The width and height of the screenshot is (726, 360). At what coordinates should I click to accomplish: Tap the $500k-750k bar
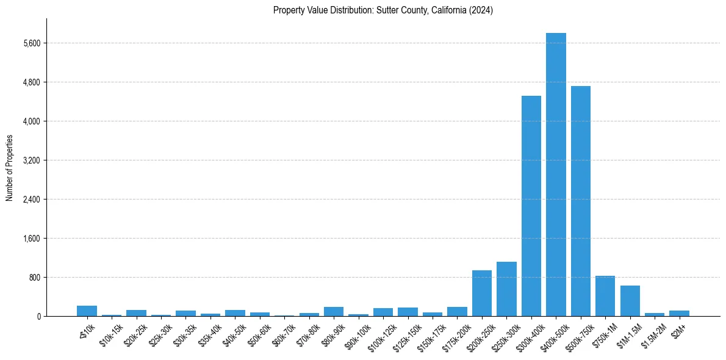pos(580,201)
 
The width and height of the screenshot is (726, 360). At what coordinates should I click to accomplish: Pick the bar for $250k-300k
pos(506,289)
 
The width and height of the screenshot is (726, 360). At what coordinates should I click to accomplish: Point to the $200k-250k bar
pos(482,293)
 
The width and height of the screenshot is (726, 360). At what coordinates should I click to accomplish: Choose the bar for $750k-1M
pos(605,297)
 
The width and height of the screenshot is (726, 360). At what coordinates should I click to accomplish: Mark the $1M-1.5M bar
pos(630,301)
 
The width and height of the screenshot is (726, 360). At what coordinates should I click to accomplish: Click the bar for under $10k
pos(87,311)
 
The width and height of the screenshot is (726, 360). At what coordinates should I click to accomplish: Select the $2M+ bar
pos(679,314)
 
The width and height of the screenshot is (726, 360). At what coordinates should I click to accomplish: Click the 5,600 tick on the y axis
pos(32,43)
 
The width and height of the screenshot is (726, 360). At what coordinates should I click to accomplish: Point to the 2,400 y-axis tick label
pos(32,200)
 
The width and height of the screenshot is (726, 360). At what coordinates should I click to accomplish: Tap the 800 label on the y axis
pos(35,278)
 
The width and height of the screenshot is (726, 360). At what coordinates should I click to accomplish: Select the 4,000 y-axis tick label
pos(32,121)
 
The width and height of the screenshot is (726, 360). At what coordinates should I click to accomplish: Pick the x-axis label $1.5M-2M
pos(653,333)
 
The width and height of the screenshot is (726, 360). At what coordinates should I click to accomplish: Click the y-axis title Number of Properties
pos(9,168)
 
